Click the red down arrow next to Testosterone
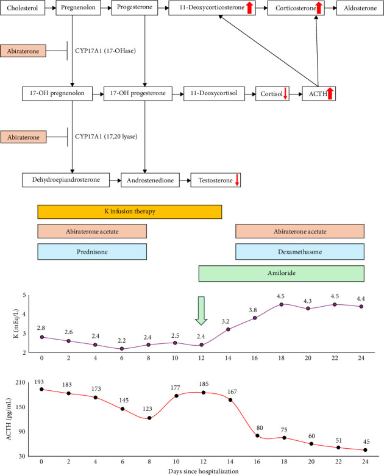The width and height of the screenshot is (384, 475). tap(237, 180)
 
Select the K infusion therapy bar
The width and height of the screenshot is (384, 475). tap(129, 212)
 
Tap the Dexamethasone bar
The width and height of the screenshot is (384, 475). tap(300, 252)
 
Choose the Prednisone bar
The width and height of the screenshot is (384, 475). tap(91, 252)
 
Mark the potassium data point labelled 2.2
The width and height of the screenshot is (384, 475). tap(122, 349)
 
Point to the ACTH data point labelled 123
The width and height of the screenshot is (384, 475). tap(149, 418)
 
